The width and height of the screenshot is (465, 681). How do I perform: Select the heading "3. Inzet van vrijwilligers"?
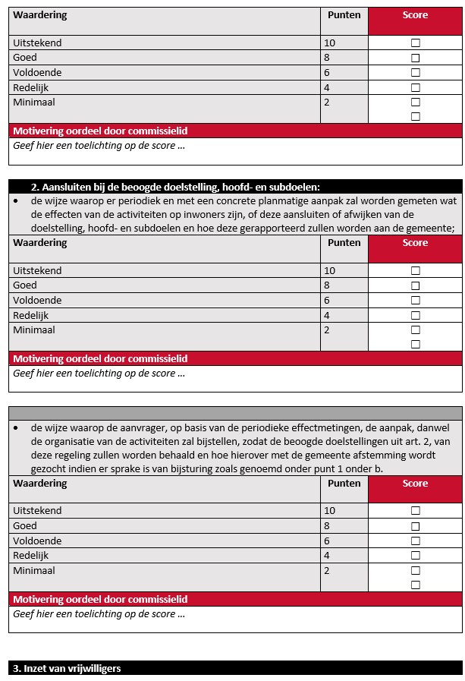pyautogui.click(x=67, y=668)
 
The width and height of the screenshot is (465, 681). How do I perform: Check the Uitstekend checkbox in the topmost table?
pyautogui.click(x=415, y=43)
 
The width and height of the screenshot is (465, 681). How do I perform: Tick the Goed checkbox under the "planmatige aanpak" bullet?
pyautogui.click(x=415, y=285)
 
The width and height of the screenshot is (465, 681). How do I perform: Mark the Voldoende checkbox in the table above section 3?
pyautogui.click(x=415, y=541)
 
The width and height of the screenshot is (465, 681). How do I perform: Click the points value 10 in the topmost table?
pyautogui.click(x=329, y=43)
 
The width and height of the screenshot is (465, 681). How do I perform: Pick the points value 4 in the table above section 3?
pyautogui.click(x=327, y=556)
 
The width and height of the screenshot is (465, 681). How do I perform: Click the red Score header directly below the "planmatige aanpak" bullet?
pyautogui.click(x=415, y=243)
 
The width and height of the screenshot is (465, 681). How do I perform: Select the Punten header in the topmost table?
pyautogui.click(x=344, y=15)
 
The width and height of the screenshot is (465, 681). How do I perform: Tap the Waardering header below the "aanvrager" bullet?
pyautogui.click(x=40, y=484)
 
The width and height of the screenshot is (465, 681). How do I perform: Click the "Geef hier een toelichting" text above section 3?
pyautogui.click(x=99, y=614)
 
